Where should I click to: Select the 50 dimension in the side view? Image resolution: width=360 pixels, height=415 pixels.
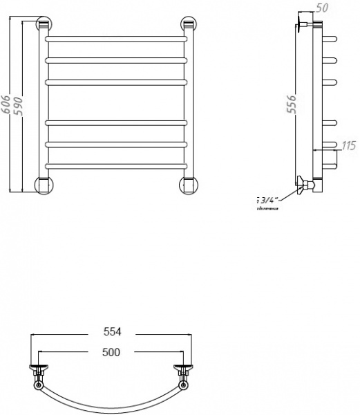[321, 8]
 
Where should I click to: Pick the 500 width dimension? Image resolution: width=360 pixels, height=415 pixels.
[110, 352]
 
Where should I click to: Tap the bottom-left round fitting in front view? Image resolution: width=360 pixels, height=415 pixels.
[43, 185]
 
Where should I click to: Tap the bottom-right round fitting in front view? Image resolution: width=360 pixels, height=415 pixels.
[188, 185]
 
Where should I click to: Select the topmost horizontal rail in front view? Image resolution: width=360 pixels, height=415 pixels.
[115, 39]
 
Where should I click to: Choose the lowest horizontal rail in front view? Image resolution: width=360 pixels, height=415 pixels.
[115, 165]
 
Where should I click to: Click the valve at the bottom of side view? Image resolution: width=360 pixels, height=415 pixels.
[305, 185]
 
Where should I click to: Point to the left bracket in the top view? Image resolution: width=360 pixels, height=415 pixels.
[40, 371]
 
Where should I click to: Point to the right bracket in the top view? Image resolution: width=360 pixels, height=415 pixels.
[182, 371]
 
